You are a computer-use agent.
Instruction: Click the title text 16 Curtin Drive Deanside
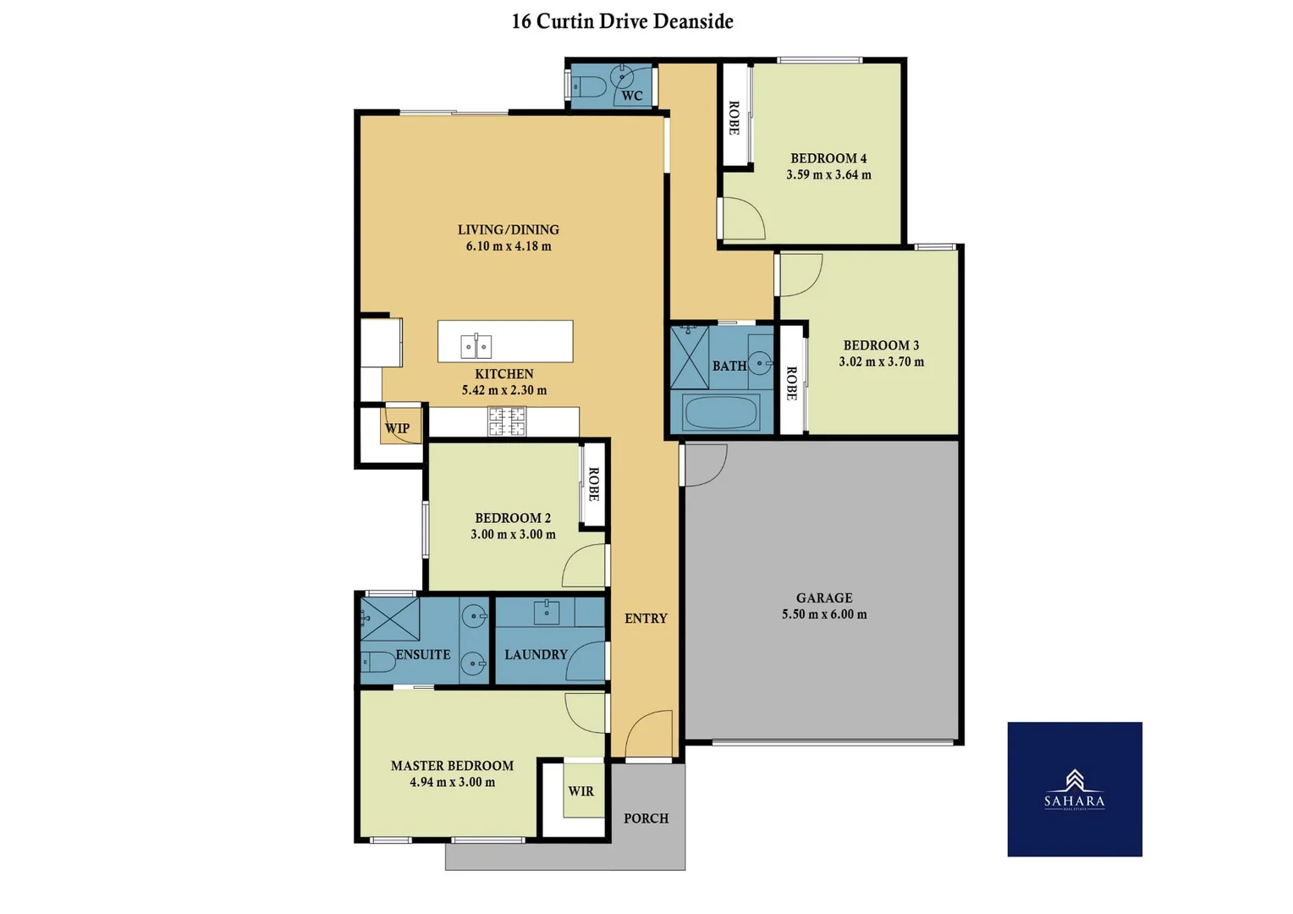click(622, 22)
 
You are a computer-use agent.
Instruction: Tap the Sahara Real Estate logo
click(1074, 789)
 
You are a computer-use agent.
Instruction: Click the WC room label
click(631, 96)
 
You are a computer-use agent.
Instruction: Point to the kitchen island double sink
click(476, 346)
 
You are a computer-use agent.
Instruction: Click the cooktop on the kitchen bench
click(506, 421)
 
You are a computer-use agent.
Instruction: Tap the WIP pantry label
click(397, 428)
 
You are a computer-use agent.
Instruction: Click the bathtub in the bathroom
click(721, 414)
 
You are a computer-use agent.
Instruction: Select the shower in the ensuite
click(390, 619)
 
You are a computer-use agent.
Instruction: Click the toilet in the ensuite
click(377, 661)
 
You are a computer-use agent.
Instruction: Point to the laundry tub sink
click(547, 611)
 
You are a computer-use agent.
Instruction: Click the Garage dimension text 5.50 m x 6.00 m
click(823, 614)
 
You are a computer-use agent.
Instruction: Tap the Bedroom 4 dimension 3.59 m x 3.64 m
click(828, 175)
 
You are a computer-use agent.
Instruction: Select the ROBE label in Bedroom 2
click(593, 484)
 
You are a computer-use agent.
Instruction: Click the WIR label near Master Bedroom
click(580, 791)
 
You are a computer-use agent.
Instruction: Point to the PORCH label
click(646, 818)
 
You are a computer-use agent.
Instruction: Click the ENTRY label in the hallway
click(646, 619)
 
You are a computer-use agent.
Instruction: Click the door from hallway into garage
click(703, 465)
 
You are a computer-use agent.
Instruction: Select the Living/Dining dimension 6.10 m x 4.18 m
click(508, 246)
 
